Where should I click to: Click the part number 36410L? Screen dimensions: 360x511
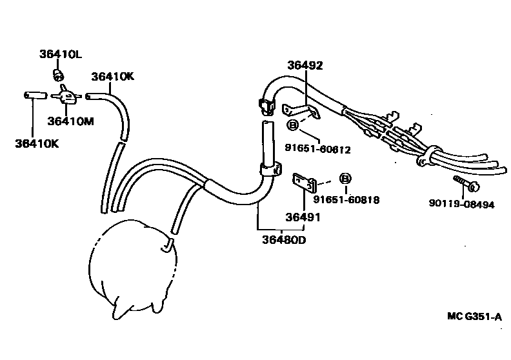(61, 54)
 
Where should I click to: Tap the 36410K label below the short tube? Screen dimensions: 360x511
(37, 143)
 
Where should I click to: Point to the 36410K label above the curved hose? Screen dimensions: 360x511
(112, 75)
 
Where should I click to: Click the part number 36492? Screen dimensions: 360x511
(305, 65)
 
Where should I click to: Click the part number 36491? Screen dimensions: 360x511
(303, 217)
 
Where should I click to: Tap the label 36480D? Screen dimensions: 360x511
(283, 241)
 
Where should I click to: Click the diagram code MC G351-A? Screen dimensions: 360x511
(474, 317)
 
